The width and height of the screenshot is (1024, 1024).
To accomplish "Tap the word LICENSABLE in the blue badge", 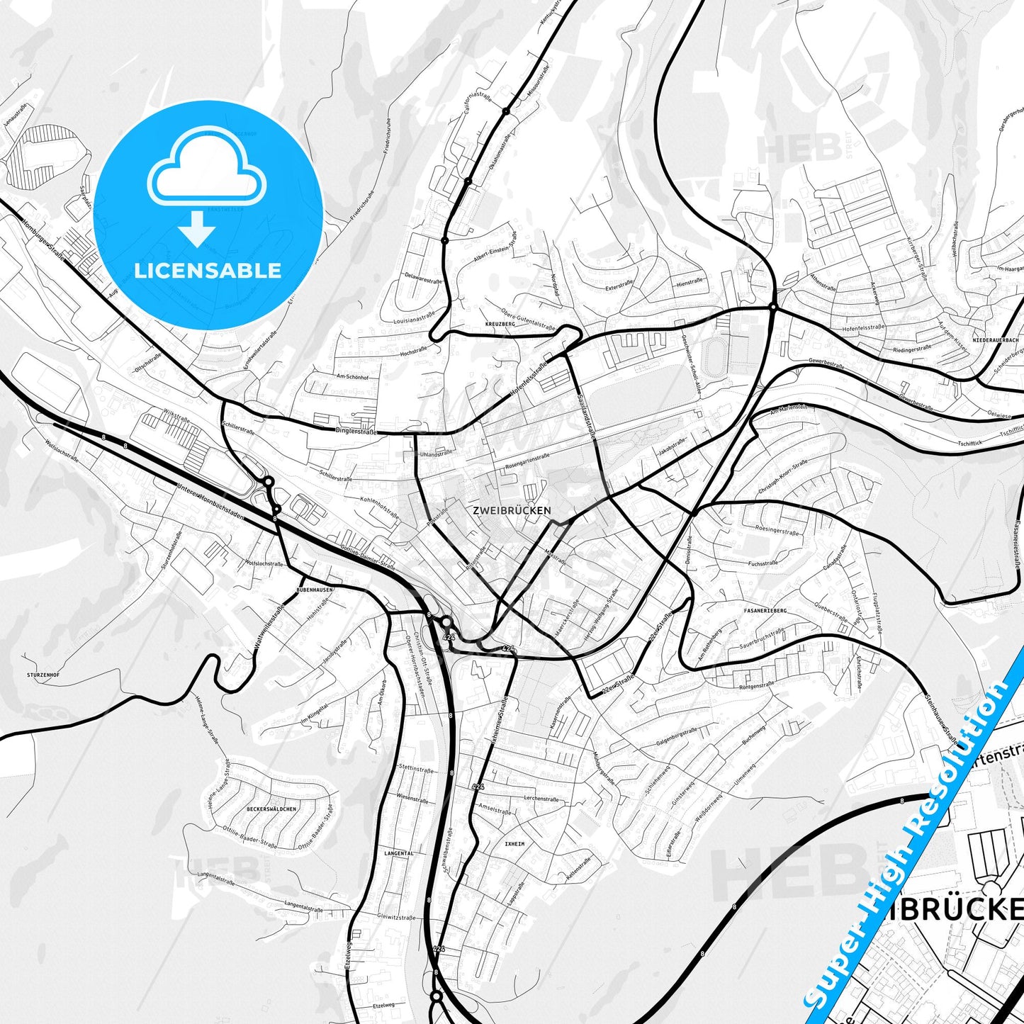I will click(208, 270).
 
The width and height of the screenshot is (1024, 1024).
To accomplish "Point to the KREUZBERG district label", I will click(500, 324).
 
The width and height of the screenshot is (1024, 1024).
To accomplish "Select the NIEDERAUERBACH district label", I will click(996, 340).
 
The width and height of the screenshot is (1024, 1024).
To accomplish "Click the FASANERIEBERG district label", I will click(765, 610).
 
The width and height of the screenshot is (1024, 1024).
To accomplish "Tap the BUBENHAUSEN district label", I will click(315, 590).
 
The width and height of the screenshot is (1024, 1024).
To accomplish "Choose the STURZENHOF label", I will click(43, 675).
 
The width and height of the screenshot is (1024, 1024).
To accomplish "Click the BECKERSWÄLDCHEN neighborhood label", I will click(271, 809).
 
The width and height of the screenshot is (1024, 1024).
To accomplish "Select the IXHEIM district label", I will click(514, 844).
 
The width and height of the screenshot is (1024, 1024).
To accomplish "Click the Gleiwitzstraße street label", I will click(397, 918).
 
